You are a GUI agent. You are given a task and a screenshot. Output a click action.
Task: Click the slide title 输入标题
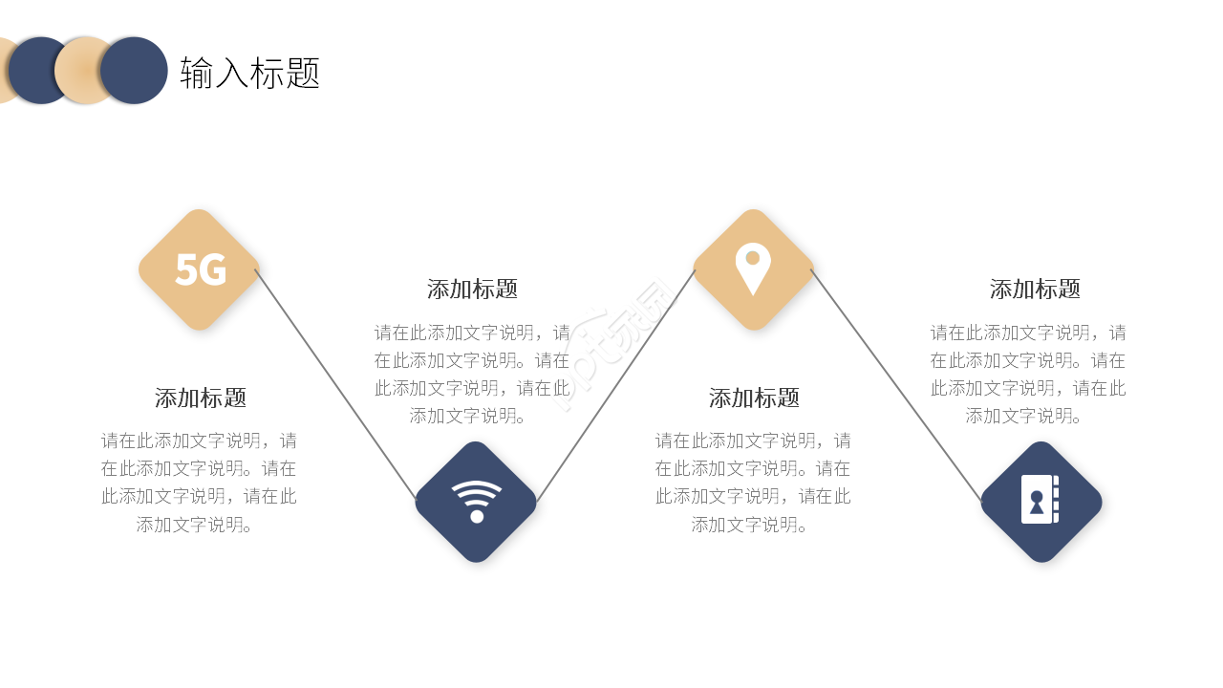pos(249,73)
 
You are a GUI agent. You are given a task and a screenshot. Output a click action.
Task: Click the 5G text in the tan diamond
pos(200,270)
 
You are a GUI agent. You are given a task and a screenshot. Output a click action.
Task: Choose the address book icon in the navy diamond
pos(1040,499)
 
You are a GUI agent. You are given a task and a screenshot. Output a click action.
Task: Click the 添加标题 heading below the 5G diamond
pos(201,398)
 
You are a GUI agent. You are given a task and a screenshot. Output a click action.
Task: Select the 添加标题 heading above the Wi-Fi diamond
pos(472,289)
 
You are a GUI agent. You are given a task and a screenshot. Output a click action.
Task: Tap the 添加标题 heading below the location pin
pos(754,398)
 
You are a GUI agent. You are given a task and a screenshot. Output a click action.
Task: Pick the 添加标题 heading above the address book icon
pos(1035,289)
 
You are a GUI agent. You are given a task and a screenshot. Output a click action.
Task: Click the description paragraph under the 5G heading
pos(199,483)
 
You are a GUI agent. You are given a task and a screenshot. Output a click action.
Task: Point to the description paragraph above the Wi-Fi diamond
pos(472,374)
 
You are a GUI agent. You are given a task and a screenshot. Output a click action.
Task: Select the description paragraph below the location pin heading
pos(753,483)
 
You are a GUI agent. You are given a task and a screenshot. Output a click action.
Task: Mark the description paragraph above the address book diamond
pos(1028,374)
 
